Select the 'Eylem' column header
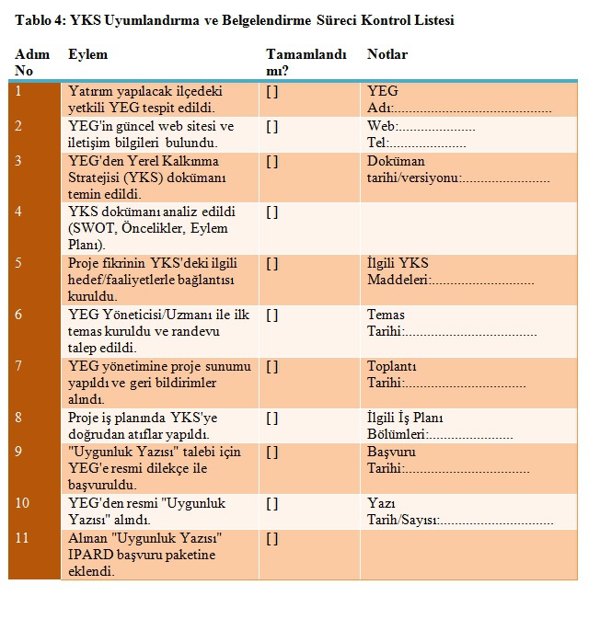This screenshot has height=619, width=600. click(x=87, y=54)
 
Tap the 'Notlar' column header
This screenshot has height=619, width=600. click(x=387, y=54)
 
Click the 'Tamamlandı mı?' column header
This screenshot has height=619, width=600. click(x=299, y=62)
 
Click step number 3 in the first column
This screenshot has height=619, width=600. click(x=19, y=161)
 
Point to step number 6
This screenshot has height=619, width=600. click(x=19, y=315)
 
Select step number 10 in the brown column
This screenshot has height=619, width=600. click(x=23, y=503)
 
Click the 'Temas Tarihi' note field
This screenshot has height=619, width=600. click(x=451, y=323)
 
